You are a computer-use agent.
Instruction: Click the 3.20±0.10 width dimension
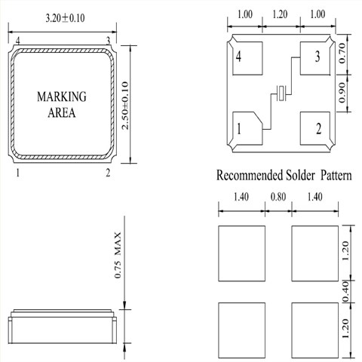click(65, 18)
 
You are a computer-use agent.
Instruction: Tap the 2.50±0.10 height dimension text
click(125, 106)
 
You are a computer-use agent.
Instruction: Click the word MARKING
click(62, 97)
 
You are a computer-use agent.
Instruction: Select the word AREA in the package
click(62, 112)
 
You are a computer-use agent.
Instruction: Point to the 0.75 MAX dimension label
click(118, 255)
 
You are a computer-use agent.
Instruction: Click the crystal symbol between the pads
click(281, 94)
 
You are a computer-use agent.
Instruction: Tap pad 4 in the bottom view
click(247, 58)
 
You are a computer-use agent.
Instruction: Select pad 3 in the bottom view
click(315, 58)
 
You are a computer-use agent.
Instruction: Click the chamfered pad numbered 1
click(247, 128)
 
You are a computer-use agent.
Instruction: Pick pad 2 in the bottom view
click(315, 128)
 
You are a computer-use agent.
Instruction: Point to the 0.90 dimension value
click(342, 93)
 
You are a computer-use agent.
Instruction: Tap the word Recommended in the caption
click(250, 175)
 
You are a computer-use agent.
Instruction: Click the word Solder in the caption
click(300, 175)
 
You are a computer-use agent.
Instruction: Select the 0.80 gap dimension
click(278, 197)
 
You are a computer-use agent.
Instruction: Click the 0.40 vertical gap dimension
click(346, 291)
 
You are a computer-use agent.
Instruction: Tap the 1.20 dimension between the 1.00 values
click(280, 14)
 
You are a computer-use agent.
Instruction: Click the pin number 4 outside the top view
click(18, 41)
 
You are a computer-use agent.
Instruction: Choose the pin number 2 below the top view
click(108, 173)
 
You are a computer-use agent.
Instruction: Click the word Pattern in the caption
click(336, 175)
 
